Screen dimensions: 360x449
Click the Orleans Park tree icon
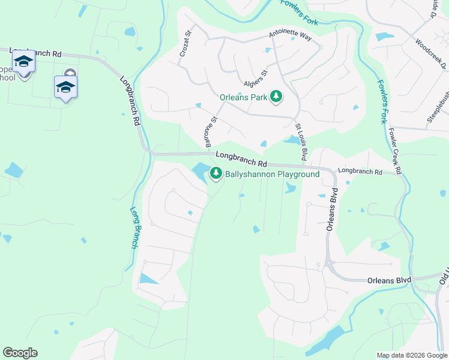tap(276, 97)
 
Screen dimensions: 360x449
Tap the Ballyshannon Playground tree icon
tap(215, 175)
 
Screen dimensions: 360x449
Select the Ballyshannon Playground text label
tap(272, 175)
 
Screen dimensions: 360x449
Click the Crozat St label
tap(185, 44)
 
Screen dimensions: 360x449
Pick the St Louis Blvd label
tap(301, 142)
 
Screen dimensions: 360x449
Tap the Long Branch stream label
tap(135, 228)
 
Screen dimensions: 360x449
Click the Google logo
tap(20, 353)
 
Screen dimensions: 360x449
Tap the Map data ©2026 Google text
tap(411, 355)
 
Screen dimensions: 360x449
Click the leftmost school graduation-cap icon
tap(23, 62)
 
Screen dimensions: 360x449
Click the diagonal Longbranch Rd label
tap(130, 100)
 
